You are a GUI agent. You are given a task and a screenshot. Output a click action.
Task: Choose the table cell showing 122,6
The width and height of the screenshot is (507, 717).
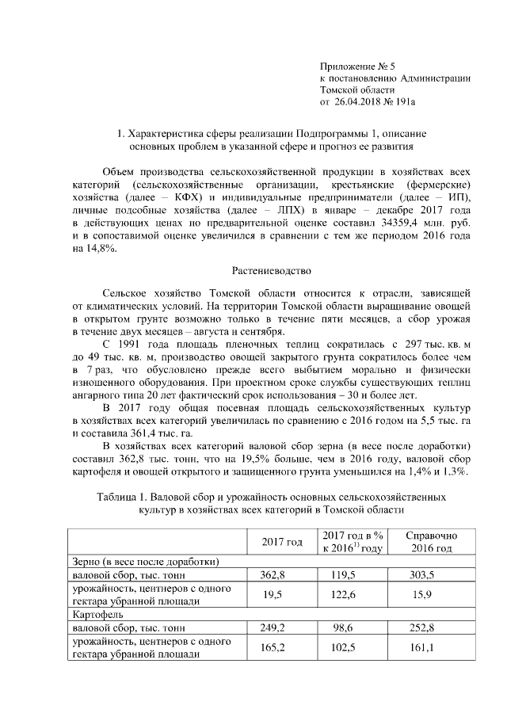coord(352,594)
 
